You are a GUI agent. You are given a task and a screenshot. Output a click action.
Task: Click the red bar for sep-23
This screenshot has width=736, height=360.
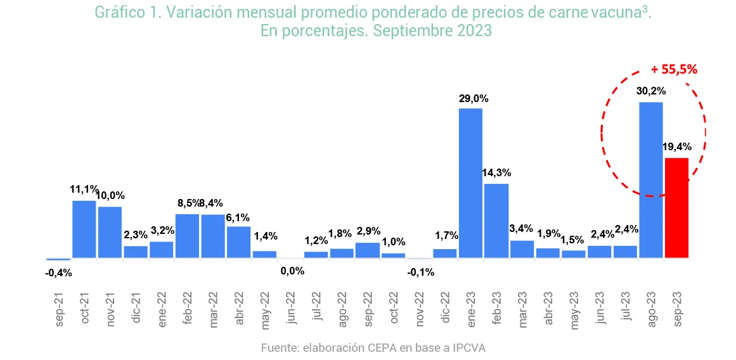(x=676, y=208)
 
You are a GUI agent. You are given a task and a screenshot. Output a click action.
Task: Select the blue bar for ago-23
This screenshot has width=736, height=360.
(x=651, y=180)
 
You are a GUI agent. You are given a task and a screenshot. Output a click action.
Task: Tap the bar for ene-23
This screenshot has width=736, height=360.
(x=470, y=183)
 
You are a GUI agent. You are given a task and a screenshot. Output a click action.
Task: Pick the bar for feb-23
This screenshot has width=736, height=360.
(x=496, y=221)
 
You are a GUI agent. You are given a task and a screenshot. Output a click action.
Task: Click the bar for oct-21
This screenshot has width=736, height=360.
(x=84, y=229)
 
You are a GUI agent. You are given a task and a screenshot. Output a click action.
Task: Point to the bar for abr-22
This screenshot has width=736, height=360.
(x=238, y=242)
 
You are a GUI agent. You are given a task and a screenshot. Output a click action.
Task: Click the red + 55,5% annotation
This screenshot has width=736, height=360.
(x=674, y=70)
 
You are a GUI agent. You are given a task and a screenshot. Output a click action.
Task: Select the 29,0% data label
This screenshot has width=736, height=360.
(x=474, y=99)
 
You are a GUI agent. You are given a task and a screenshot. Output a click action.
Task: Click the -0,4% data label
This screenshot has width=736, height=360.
(x=58, y=273)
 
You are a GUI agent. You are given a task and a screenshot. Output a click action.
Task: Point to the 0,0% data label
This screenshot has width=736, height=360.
(x=292, y=271)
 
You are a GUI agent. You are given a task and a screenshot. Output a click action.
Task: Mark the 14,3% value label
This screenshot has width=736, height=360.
(x=496, y=172)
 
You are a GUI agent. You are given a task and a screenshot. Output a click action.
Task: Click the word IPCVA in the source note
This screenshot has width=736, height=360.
(x=468, y=348)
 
